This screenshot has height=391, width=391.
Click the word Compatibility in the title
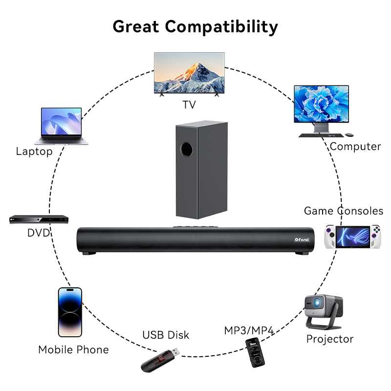221,27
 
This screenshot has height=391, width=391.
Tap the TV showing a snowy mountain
189,74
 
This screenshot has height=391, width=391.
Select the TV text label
189,105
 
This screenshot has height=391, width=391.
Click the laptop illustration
62,126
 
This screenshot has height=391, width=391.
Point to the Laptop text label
34,152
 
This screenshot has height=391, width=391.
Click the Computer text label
355,147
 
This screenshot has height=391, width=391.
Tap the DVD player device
39,219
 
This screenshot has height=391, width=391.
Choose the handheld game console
352,237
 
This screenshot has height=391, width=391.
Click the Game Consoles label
344,211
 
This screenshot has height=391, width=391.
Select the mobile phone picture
70,312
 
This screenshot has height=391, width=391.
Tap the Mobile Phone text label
74,349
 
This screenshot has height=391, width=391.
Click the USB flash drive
160,360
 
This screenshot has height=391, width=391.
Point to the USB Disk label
166,335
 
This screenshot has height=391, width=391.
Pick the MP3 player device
255,352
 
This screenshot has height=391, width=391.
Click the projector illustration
324,312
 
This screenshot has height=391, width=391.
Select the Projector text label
330,339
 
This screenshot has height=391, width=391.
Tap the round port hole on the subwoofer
187,149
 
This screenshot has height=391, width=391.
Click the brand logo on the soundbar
302,239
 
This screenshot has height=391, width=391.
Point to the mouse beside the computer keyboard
349,135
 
